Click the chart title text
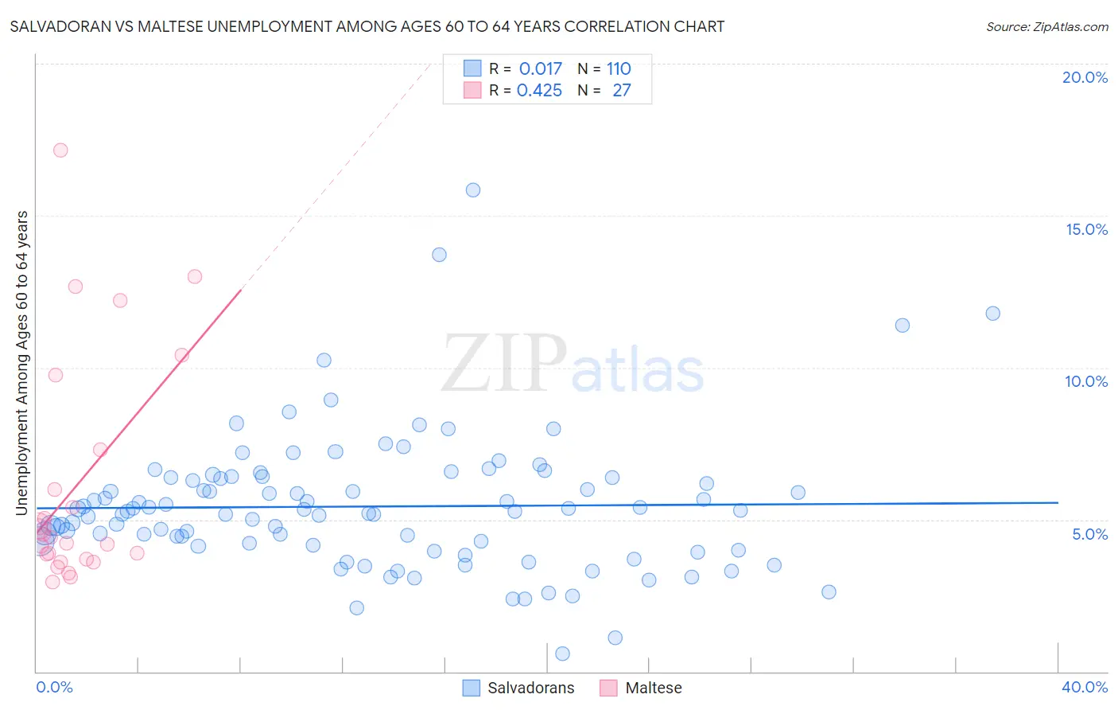click(x=367, y=26)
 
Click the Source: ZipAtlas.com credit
click(x=1046, y=26)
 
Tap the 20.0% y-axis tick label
click(x=1085, y=77)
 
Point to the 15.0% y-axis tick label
click(x=1086, y=229)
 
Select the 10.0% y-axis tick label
click(x=1086, y=381)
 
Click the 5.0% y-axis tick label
click(x=1089, y=534)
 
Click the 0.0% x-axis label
click(x=54, y=687)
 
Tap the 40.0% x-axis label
click(x=1085, y=687)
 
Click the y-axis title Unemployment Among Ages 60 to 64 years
click(x=22, y=363)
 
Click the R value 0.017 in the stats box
click(x=540, y=68)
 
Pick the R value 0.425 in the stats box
click(x=539, y=91)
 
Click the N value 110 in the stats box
click(x=619, y=68)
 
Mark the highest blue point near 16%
click(x=473, y=190)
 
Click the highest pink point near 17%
click(x=60, y=150)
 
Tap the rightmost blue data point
click(x=992, y=314)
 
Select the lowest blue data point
click(x=562, y=653)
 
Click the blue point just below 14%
click(x=439, y=255)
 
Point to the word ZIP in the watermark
click(x=504, y=364)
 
